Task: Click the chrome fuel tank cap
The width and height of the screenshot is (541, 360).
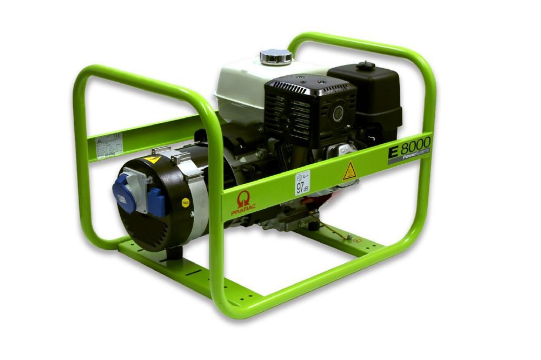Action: click(x=276, y=56)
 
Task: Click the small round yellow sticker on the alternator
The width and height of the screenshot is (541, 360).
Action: click(x=185, y=204)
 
